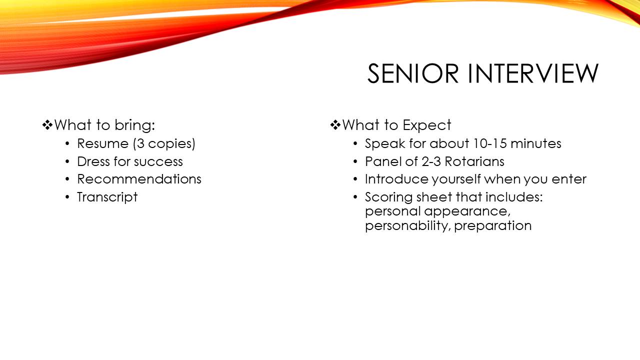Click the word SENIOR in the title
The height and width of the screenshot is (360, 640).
[x=413, y=73]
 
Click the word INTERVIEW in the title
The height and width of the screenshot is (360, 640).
[x=533, y=73]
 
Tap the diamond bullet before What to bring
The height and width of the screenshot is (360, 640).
[x=47, y=125]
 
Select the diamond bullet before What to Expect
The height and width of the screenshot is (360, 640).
[x=335, y=125]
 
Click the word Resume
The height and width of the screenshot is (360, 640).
[x=103, y=143]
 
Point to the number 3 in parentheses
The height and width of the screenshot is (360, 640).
[x=140, y=143]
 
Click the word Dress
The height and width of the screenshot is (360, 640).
[x=93, y=161]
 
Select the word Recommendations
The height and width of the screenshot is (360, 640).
[x=139, y=179]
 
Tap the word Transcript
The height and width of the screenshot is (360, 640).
[x=107, y=197]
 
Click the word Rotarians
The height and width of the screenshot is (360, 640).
[x=474, y=161]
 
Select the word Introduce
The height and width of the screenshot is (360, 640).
[x=396, y=179]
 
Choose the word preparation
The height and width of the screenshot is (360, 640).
[x=493, y=226]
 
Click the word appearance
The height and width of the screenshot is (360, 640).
[x=467, y=211]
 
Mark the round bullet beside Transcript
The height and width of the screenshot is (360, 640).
[x=67, y=197]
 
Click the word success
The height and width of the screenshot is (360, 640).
[x=158, y=162]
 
